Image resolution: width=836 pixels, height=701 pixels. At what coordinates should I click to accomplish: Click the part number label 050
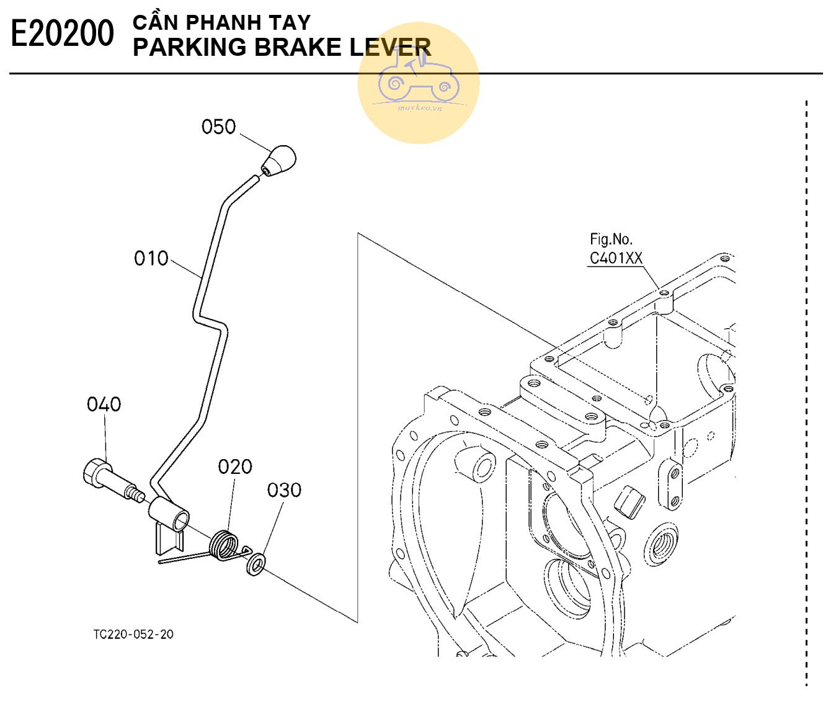click(x=218, y=127)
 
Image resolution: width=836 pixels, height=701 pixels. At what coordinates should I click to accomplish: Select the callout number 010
click(x=151, y=258)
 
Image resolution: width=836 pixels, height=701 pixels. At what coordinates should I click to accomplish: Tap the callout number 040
click(x=104, y=404)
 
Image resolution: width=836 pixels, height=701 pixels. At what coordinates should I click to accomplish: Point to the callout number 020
click(x=235, y=467)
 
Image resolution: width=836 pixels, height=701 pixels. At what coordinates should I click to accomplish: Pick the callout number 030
click(x=284, y=490)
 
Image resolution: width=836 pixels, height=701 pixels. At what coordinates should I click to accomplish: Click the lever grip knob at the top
click(x=278, y=161)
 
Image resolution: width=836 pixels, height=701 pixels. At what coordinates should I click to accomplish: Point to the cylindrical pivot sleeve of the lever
click(x=169, y=514)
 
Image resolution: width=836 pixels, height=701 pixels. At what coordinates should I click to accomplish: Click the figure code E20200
click(x=63, y=34)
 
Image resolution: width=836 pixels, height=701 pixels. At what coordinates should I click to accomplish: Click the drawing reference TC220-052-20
click(x=133, y=634)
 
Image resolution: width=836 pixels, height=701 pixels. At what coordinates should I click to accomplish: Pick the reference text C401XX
click(x=615, y=258)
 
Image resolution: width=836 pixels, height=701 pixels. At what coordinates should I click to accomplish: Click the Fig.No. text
click(x=611, y=239)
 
